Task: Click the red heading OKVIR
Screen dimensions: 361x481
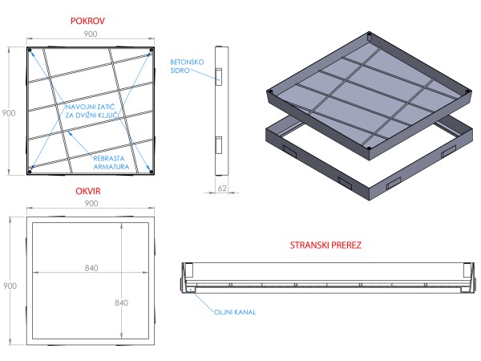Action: click(x=90, y=193)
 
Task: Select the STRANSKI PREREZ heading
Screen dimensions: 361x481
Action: click(x=325, y=245)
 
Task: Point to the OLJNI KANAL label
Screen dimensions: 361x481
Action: click(x=236, y=311)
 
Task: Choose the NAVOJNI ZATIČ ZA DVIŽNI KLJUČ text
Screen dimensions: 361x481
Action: click(x=91, y=112)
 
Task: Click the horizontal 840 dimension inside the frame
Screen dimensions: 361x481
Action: click(x=90, y=268)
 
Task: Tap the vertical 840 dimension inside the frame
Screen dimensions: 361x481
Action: click(x=122, y=302)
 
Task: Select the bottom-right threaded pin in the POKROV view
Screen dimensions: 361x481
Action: click(x=151, y=168)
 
